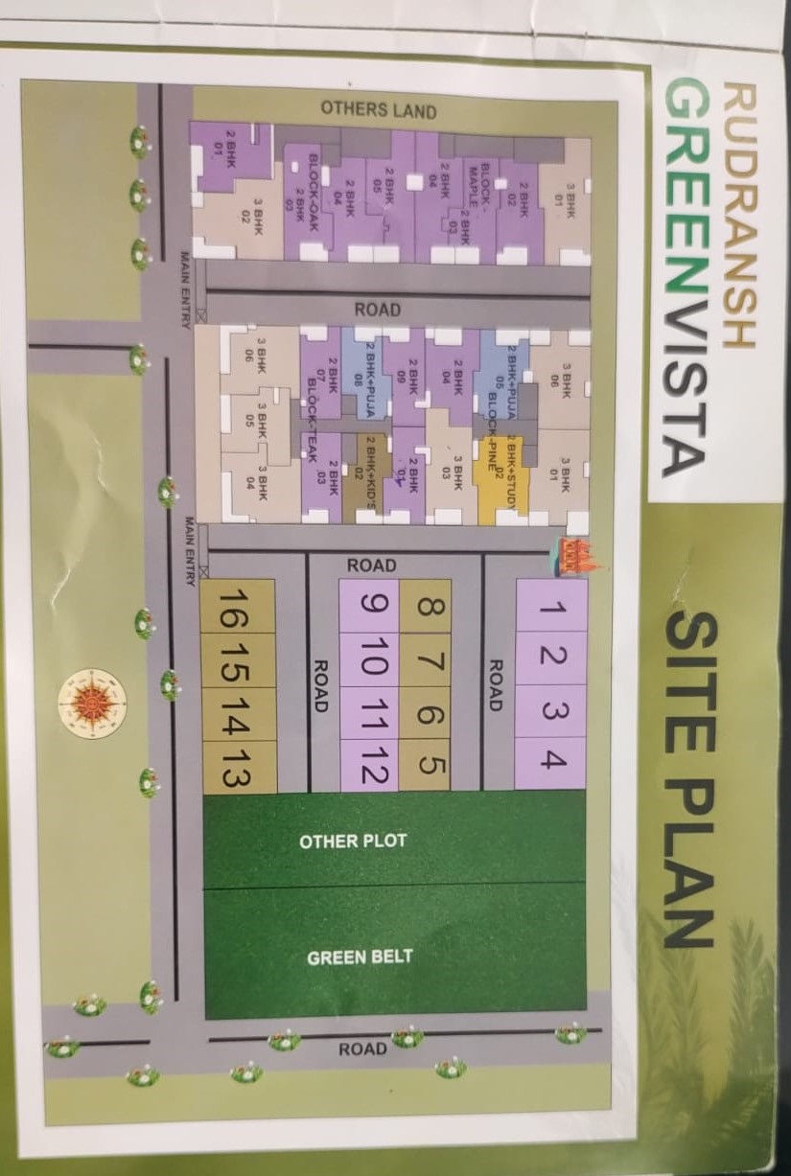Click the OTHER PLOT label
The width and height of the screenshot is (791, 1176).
click(353, 842)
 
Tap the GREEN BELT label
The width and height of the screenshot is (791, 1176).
click(359, 957)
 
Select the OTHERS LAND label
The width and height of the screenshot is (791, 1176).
click(378, 109)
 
